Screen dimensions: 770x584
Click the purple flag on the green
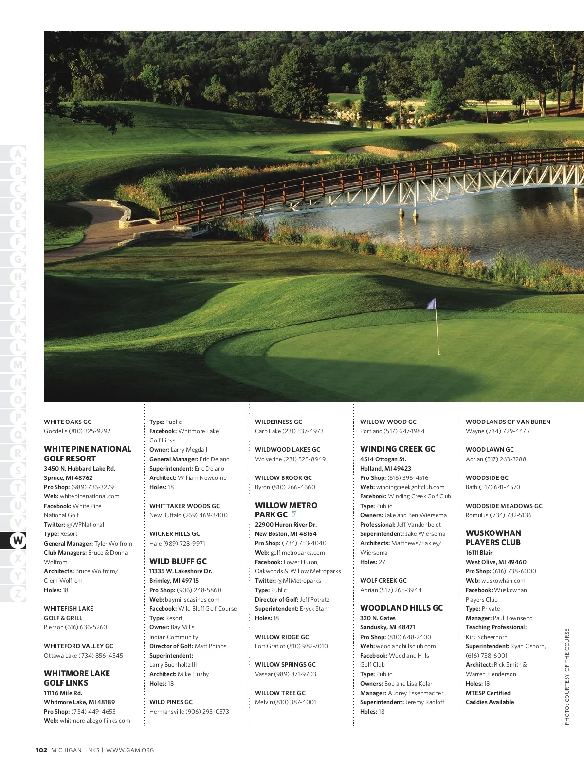pos(431,304)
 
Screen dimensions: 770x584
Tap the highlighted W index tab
pos(18,540)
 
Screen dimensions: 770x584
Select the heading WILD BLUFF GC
pos(178,561)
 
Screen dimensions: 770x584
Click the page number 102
pos(41,750)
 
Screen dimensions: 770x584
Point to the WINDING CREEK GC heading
pos(397,449)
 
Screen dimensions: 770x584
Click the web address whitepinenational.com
pos(90,496)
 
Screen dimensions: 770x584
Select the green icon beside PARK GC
pos(294,514)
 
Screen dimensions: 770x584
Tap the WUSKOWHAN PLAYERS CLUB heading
pos(493,538)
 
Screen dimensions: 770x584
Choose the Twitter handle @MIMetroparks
pos(299,581)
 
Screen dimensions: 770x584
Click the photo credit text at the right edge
pos(567,677)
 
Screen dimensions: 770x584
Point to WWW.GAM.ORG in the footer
pos(130,750)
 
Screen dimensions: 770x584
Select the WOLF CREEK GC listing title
pos(383,581)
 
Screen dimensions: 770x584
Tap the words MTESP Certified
pos(488,693)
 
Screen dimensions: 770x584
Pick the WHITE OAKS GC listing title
pos(67,422)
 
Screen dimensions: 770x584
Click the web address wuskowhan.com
pos(503,581)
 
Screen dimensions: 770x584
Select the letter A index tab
pos(18,154)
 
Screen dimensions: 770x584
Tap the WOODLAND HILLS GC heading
pos(401,608)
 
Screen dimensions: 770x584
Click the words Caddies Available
pos(490,702)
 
